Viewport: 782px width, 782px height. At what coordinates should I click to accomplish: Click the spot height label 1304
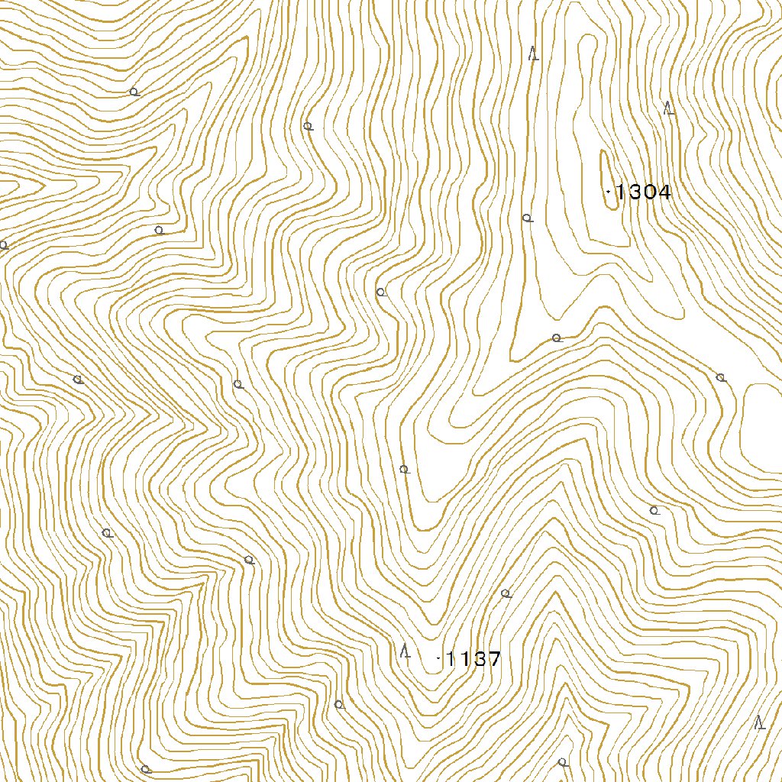pos(643,192)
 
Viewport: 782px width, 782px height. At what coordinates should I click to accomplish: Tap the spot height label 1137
pos(473,658)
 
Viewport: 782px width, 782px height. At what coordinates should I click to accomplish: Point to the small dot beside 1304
pos(607,191)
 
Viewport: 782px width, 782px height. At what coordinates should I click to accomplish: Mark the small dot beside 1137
pos(438,658)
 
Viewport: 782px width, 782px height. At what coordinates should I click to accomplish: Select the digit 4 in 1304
pos(664,192)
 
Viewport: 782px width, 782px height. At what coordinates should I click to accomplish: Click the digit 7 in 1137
pos(494,658)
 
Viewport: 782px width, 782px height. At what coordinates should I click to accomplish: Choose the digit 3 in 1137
pos(479,658)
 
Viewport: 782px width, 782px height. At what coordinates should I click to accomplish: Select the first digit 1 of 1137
pos(450,658)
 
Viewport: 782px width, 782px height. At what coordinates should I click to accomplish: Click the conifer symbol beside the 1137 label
pos(406,651)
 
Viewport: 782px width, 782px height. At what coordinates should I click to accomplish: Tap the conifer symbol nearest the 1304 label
pos(669,108)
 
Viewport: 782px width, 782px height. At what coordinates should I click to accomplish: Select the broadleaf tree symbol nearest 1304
pos(527,218)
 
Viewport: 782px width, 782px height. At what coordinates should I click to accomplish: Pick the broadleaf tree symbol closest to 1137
pos(505,593)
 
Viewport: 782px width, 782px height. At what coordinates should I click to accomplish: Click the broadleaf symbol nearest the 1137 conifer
pos(339,704)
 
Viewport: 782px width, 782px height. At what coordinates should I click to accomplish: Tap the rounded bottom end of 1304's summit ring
pos(612,208)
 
